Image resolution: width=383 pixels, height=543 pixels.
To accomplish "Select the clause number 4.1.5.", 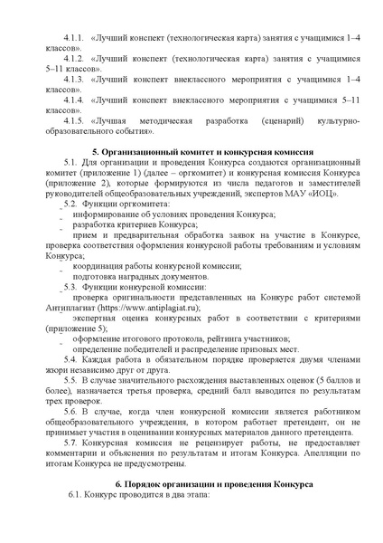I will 71,119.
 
